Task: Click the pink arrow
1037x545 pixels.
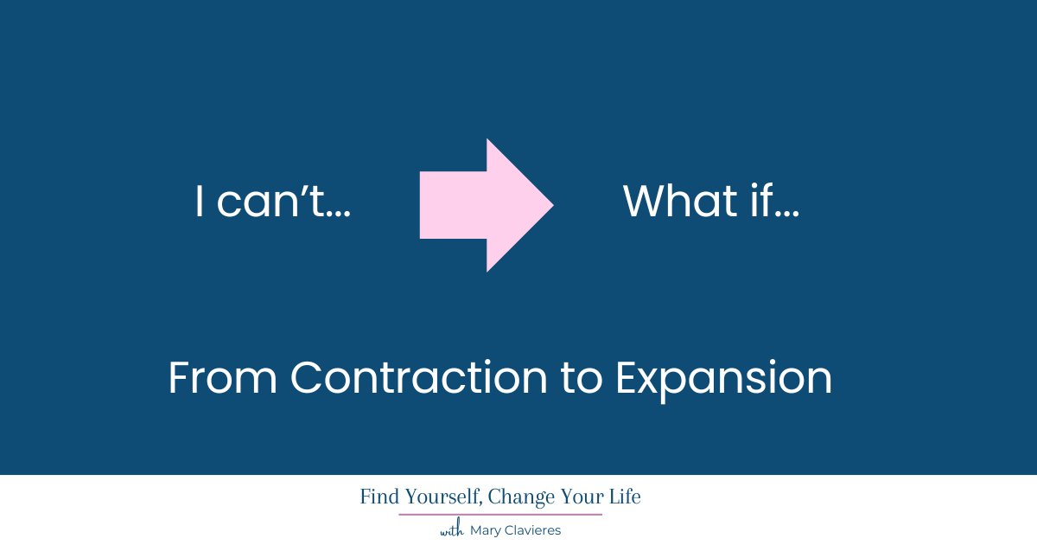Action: pos(486,205)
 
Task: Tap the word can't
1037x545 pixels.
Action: pos(270,201)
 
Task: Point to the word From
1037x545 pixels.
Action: pos(222,378)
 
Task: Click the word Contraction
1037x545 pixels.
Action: pos(419,377)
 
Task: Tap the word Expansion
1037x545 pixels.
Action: pos(723,380)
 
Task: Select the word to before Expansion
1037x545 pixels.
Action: pos(582,378)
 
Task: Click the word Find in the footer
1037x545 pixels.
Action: pos(379,497)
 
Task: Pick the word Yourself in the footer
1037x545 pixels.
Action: pos(444,497)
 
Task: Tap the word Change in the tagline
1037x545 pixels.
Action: pos(521,497)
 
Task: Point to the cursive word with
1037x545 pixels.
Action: pos(452,529)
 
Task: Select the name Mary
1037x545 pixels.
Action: pos(484,530)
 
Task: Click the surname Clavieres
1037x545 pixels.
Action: pos(531,529)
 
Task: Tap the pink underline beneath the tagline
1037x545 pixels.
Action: pos(500,515)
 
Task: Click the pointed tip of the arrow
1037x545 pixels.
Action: pos(554,205)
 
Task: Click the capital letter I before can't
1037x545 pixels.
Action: pos(200,201)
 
